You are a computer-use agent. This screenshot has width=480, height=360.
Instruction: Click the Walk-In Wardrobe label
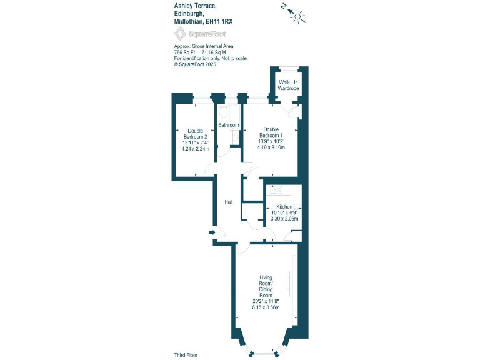click(289, 86)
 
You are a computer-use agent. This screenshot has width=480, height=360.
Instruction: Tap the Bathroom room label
click(228, 125)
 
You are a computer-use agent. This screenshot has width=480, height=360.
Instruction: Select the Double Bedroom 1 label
click(271, 133)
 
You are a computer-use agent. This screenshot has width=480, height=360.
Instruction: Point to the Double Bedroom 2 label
click(195, 134)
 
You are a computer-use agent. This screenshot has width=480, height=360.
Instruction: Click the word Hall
click(229, 202)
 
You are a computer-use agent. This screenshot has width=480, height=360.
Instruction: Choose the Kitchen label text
click(284, 207)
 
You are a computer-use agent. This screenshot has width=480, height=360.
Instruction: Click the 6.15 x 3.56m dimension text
click(265, 307)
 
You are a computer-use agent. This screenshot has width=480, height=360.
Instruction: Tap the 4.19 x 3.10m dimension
click(271, 147)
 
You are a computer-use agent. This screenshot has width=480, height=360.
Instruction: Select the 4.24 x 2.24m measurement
click(195, 149)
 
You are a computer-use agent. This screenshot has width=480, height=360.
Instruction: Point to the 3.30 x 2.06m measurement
click(284, 219)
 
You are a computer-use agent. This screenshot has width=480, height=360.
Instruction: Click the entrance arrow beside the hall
click(212, 233)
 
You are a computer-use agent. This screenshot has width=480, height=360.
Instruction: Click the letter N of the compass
click(284, 7)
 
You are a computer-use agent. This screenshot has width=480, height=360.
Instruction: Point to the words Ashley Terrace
click(196, 5)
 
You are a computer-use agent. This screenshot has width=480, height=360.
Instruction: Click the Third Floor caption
click(185, 354)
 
